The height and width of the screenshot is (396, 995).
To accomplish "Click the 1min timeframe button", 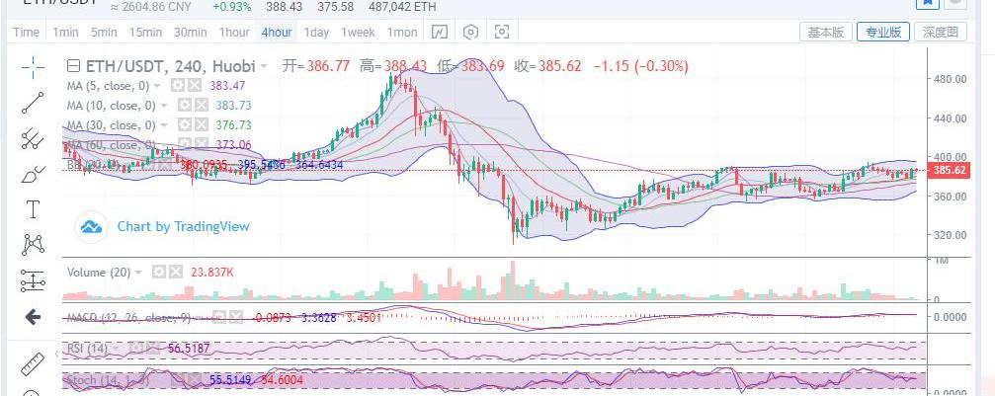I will click(65, 32).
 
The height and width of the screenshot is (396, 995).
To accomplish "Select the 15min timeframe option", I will click(145, 32).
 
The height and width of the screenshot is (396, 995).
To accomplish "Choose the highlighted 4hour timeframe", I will click(276, 32).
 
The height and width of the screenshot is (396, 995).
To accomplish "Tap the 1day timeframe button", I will click(316, 32).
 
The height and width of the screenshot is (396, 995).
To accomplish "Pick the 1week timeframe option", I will click(359, 32).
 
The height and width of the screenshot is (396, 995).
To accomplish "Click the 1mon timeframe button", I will click(402, 32).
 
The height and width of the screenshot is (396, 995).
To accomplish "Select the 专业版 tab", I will click(883, 32).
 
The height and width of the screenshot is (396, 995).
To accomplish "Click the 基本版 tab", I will click(826, 32).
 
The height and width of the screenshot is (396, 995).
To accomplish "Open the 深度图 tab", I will click(941, 32).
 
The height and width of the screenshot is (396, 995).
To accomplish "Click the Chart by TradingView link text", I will click(183, 226).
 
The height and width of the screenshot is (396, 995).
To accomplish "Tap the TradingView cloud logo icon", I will click(92, 227).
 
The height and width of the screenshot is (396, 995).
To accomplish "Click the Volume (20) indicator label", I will click(98, 272).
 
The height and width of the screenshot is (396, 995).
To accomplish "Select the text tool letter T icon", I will click(33, 209).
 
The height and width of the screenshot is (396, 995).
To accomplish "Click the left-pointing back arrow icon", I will click(32, 317).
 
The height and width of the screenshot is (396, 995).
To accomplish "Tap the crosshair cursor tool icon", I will click(33, 66).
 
